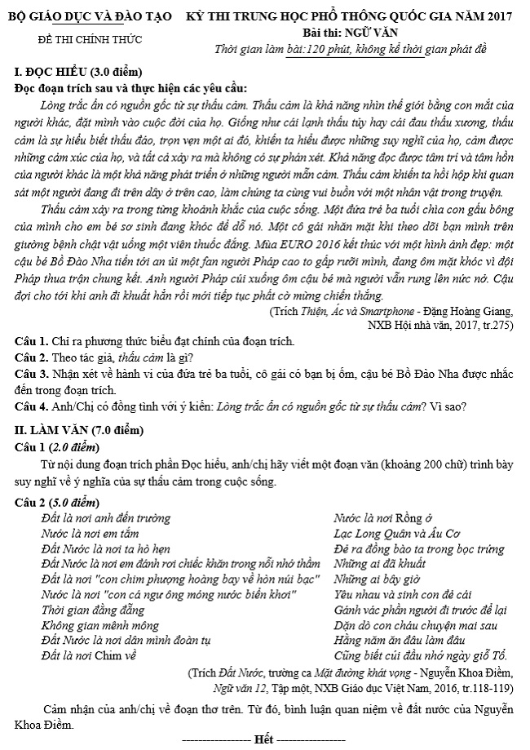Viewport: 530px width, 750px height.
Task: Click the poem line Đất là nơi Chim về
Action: pyautogui.click(x=89, y=655)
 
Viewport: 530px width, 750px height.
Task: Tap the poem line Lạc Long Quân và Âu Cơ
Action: pyautogui.click(x=397, y=533)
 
